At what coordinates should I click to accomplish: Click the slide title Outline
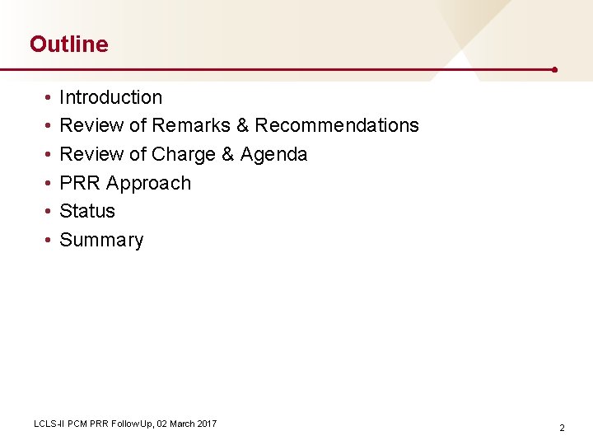pos(68,44)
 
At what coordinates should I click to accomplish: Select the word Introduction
pos(111,97)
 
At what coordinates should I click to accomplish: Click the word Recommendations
pos(337,125)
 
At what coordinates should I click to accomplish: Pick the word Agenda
pos(273,154)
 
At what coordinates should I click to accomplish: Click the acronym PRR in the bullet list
pos(80,183)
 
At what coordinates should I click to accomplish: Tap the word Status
pos(87,211)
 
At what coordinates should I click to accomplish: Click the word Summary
pos(101,240)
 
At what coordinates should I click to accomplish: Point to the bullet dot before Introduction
pos(49,98)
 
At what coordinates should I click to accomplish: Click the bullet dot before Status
pos(49,212)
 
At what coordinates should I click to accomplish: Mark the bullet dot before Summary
pos(49,241)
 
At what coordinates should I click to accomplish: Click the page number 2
pos(562,428)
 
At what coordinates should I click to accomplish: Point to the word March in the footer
pos(181,424)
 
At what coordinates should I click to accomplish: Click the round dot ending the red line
pos(555,70)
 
